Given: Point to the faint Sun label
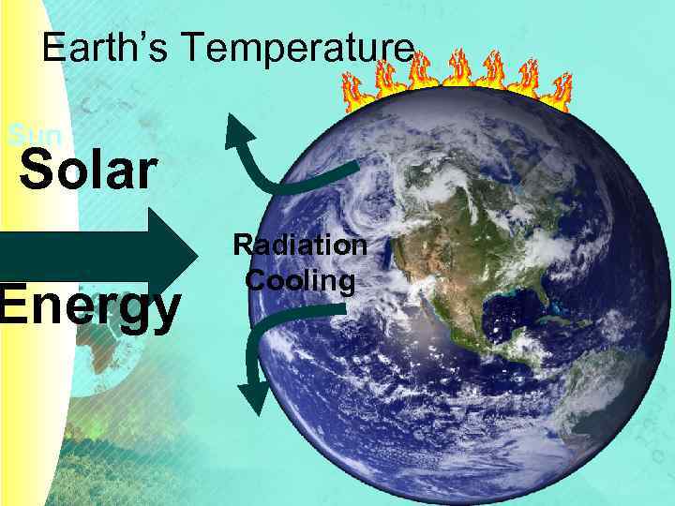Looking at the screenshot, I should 33,136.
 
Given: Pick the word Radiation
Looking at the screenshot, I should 300,246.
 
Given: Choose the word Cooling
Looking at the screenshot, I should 300,280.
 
